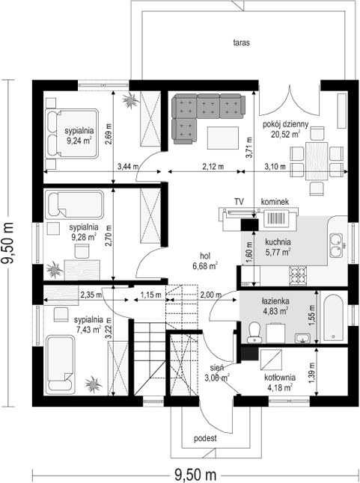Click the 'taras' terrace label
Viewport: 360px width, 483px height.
point(241,43)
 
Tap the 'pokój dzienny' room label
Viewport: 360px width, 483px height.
point(285,124)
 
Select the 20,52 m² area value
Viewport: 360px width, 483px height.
point(286,134)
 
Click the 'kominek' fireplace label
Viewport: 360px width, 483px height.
point(275,202)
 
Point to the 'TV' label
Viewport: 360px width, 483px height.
point(239,202)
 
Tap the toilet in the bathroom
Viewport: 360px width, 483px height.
point(254,332)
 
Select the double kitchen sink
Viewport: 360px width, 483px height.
point(336,245)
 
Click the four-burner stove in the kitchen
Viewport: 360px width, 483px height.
point(298,275)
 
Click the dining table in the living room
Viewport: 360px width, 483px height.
point(317,161)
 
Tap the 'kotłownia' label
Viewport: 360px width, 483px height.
point(280,378)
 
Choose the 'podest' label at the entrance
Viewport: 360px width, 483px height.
point(205,438)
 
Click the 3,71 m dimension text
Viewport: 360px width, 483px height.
point(249,147)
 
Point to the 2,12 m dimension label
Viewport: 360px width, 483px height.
point(213,167)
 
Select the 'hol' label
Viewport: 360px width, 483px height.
point(205,256)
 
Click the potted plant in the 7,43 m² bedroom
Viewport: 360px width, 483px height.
point(93,384)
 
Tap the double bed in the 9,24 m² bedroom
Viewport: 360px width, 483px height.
point(72,133)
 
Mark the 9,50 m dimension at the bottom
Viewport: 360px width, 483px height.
point(195,474)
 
